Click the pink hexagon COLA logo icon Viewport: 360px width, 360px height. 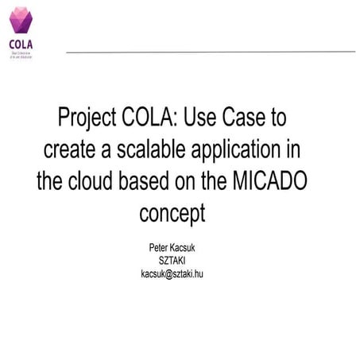point(20,20)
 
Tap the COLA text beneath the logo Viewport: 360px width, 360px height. point(20,43)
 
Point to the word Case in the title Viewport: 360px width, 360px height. point(242,118)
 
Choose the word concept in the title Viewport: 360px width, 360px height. point(172,213)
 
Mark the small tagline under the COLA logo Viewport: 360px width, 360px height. point(20,54)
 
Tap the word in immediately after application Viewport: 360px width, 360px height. point(296,149)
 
